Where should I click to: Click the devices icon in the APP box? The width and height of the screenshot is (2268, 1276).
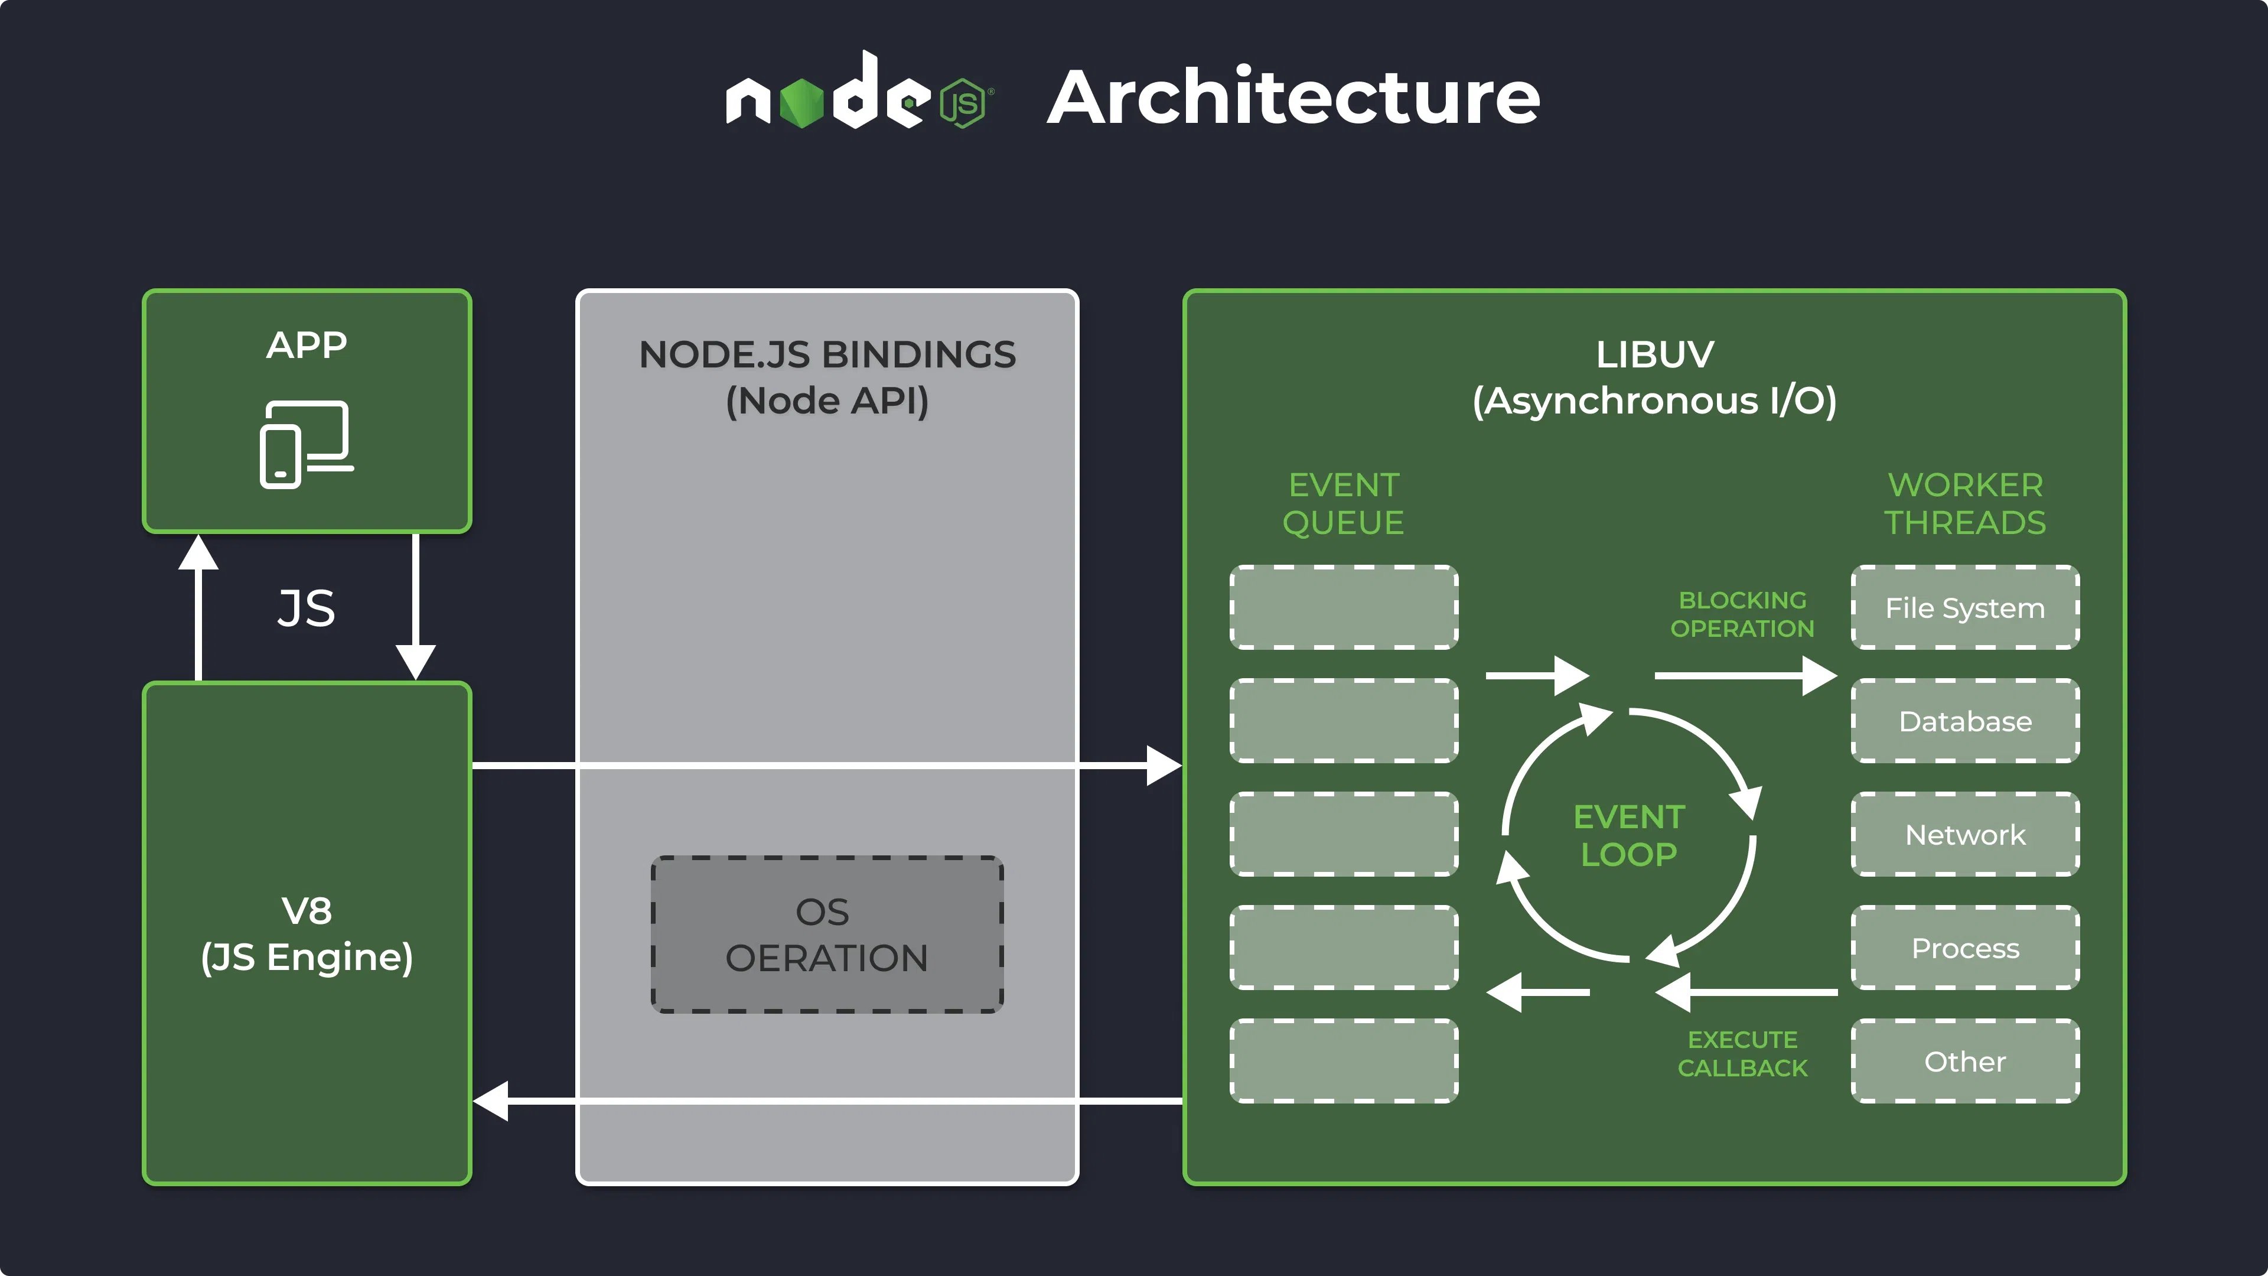[x=305, y=444]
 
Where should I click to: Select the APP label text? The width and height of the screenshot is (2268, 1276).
[x=307, y=345]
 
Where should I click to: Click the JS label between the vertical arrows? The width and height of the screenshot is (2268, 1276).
[x=307, y=608]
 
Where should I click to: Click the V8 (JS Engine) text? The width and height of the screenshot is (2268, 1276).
[x=307, y=933]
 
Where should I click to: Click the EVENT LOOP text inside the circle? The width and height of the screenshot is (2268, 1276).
[x=1629, y=835]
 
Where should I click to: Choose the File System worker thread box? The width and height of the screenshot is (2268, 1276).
[x=1964, y=608]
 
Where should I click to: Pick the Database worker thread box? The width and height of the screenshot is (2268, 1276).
[x=1964, y=721]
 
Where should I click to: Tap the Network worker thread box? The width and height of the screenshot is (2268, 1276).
[x=1964, y=834]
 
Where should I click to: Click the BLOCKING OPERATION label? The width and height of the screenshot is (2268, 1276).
[x=1742, y=614]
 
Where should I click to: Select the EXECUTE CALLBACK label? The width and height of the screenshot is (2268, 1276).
[x=1742, y=1053]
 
